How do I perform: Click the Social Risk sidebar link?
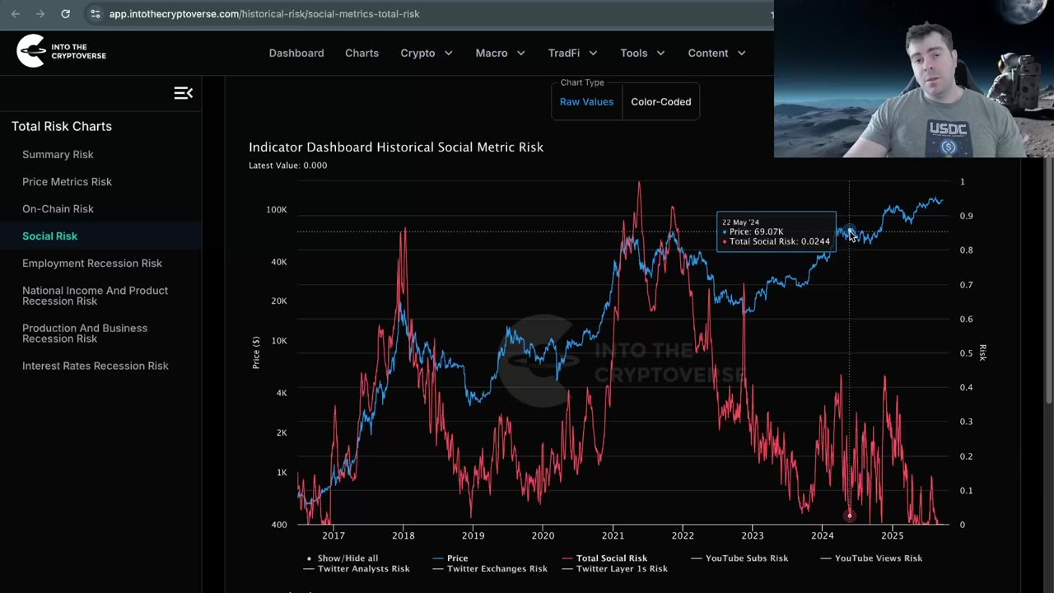coord(49,236)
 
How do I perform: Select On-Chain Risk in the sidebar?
coord(58,208)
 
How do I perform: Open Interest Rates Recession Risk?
coord(95,366)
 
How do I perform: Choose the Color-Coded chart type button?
coord(660,102)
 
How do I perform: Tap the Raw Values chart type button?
coord(586,102)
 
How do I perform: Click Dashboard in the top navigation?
coord(296,53)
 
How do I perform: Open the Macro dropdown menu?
coord(500,53)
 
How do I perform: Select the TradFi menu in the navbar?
coord(572,53)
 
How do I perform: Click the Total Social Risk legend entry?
coord(611,558)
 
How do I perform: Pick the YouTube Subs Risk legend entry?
coord(746,558)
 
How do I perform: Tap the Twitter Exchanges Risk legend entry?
coord(497,569)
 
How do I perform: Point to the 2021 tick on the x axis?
coord(613,536)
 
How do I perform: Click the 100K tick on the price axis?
coord(277,210)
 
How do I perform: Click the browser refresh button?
coord(66,14)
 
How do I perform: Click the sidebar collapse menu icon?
coord(183,93)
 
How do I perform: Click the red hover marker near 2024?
coord(849,516)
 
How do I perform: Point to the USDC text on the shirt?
coord(948,129)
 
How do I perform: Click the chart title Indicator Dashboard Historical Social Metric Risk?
coord(396,147)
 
